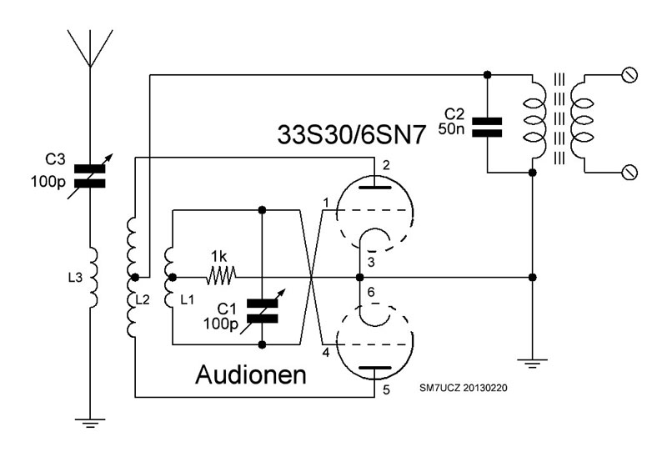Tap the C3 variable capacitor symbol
point(90,174)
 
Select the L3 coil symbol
point(91,276)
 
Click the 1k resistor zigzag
point(221,275)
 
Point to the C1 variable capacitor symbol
point(263,306)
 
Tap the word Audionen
point(250,374)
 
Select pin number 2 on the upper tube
point(386,165)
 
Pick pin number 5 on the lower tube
point(386,389)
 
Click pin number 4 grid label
point(326,353)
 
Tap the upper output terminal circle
point(630,76)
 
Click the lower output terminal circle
point(630,172)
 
